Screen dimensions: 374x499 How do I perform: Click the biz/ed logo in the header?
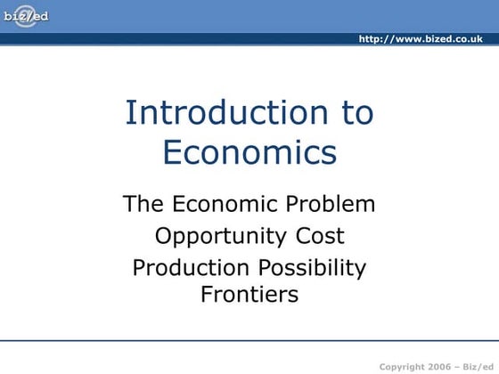coord(27,15)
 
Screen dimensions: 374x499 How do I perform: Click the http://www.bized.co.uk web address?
coord(421,39)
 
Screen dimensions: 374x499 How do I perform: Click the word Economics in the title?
coord(250,152)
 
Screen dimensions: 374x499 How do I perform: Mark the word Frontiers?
coord(250,295)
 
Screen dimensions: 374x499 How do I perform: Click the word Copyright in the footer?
coord(403,367)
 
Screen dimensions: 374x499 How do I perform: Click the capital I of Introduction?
coord(130,113)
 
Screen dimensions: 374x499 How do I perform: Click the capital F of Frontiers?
coord(207,295)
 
